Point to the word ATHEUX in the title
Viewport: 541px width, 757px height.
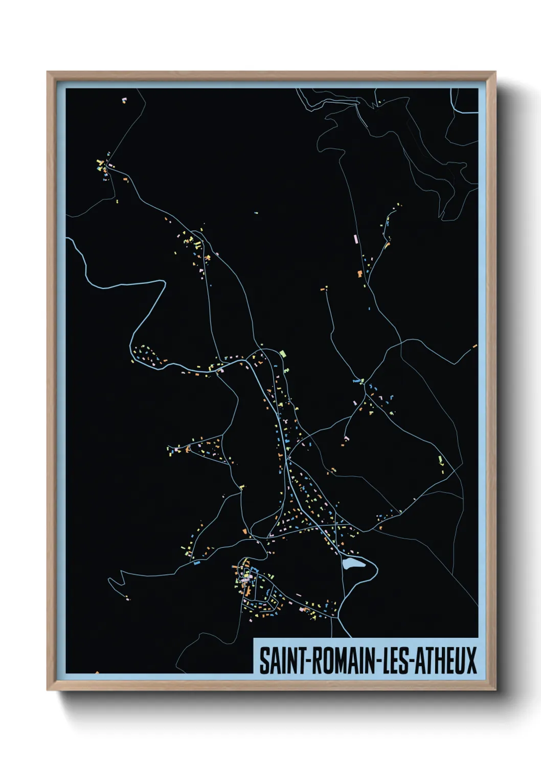point(445,660)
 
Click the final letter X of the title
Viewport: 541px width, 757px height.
point(471,660)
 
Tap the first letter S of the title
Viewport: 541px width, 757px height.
point(264,660)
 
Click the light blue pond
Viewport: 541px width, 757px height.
point(353,564)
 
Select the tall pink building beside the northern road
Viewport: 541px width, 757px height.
point(355,238)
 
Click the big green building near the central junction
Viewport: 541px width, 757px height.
point(282,353)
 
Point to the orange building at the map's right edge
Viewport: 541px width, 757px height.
point(475,346)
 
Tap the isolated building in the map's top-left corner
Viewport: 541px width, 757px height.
point(124,100)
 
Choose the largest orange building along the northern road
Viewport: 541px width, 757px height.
point(360,274)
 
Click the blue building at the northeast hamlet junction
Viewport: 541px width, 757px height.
point(355,381)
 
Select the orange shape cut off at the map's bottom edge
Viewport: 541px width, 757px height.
point(97,673)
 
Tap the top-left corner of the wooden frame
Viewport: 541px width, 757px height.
point(48,72)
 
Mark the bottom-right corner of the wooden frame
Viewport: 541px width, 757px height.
point(495,689)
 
